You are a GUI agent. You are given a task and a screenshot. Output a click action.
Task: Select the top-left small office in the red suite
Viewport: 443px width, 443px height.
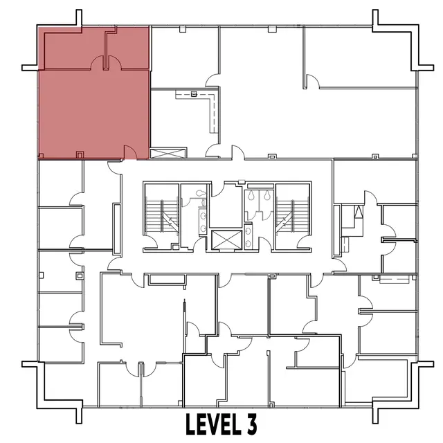[x=73, y=48]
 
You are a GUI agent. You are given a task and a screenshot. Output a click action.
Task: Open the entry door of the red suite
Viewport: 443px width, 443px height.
[x=129, y=151]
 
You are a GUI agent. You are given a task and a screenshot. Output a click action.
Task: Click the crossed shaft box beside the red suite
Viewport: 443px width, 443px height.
[x=168, y=153]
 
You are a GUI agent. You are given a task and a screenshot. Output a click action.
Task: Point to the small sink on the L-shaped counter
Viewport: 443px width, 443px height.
[x=195, y=93]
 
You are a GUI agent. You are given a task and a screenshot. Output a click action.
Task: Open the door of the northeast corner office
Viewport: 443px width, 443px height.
[x=313, y=82]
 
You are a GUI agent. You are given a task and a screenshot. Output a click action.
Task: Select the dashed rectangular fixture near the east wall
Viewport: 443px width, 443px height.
[x=395, y=279]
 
